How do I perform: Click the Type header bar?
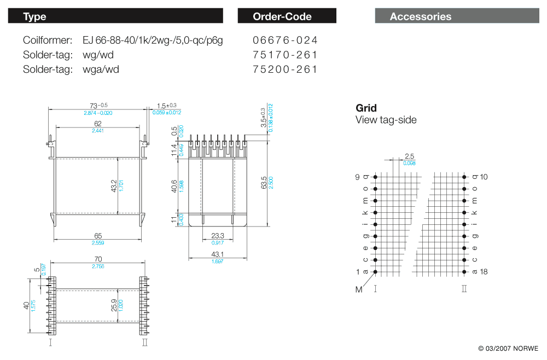click(x=115, y=16)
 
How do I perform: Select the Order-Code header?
click(x=287, y=16)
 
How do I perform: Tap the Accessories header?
click(x=457, y=16)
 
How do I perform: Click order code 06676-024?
click(x=285, y=40)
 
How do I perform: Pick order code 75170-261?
click(x=285, y=55)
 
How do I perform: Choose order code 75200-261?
click(x=285, y=69)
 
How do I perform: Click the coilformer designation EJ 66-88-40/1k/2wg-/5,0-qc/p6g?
click(x=153, y=40)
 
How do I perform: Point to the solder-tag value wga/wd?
click(x=101, y=69)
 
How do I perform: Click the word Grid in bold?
click(x=366, y=108)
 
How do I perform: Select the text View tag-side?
click(x=386, y=120)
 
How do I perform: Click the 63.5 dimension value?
click(x=265, y=182)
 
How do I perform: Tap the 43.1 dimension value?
click(x=218, y=254)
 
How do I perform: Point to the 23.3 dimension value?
click(x=218, y=236)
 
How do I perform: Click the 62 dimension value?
click(x=98, y=124)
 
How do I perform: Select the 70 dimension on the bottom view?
click(x=98, y=259)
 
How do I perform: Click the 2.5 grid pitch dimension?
click(x=409, y=156)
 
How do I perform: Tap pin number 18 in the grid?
click(x=484, y=271)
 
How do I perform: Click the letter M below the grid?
click(x=359, y=289)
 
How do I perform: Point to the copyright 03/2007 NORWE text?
click(x=508, y=349)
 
